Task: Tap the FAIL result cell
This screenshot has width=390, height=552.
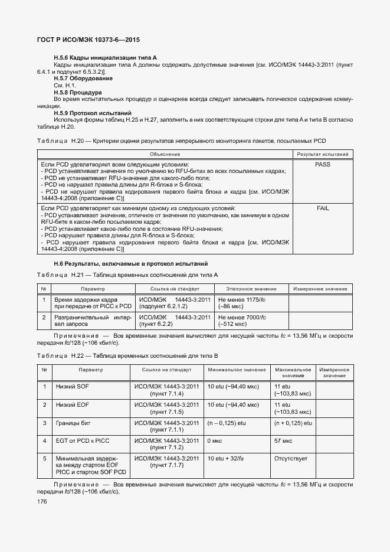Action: pyautogui.click(x=323, y=208)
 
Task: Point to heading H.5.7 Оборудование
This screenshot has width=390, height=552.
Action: pyautogui.click(x=83, y=79)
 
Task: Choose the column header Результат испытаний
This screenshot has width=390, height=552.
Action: pyautogui.click(x=323, y=154)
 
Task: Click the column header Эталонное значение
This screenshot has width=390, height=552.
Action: pyautogui.click(x=252, y=289)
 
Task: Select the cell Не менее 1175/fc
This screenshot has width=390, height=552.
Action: pyautogui.click(x=242, y=300)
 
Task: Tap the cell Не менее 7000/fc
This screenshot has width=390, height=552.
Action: pyautogui.click(x=242, y=317)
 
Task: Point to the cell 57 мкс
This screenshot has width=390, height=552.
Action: pyautogui.click(x=284, y=440)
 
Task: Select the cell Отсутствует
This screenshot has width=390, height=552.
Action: pyautogui.click(x=291, y=458)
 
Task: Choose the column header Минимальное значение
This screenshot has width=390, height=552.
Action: pyautogui.click(x=237, y=370)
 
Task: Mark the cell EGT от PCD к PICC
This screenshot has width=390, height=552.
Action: pyautogui.click(x=83, y=440)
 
